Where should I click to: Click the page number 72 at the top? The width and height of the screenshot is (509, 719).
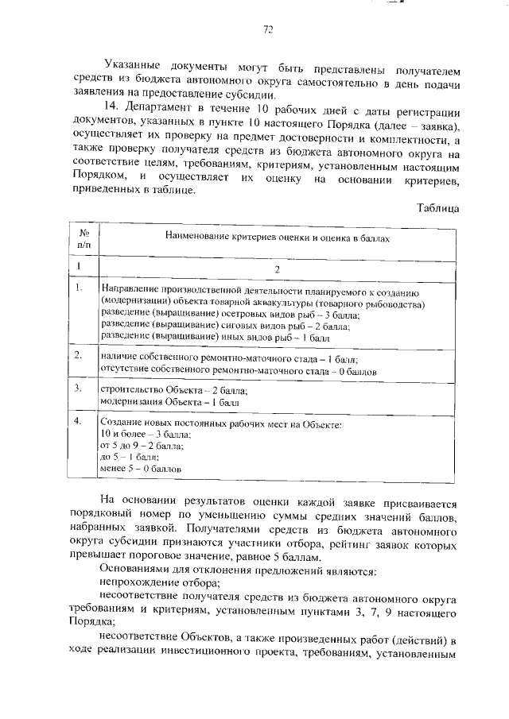268,30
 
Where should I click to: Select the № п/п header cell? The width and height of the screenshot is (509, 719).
84,241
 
